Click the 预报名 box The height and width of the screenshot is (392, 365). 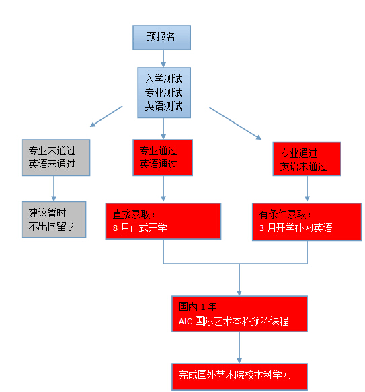[x=161, y=38]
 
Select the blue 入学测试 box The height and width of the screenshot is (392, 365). [x=164, y=93]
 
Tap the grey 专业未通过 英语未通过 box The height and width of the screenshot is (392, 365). [x=56, y=158]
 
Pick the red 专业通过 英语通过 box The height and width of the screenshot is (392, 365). [x=163, y=158]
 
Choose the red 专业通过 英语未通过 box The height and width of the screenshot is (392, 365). [x=307, y=159]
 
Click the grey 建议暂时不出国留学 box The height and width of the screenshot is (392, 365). [x=54, y=219]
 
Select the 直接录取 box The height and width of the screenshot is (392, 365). [x=163, y=222]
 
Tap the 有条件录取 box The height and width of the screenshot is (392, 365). [x=307, y=222]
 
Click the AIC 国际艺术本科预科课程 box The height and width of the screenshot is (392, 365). [x=239, y=313]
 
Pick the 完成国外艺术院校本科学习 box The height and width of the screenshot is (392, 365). [x=239, y=377]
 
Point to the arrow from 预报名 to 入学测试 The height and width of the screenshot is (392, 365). [x=163, y=59]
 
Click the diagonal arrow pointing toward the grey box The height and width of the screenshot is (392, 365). [x=106, y=116]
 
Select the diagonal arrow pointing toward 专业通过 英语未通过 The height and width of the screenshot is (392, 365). [x=235, y=124]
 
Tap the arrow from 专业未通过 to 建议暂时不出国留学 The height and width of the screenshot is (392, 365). [x=54, y=189]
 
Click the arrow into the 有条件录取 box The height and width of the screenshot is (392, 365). [x=307, y=189]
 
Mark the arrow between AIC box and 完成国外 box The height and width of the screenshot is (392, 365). [x=239, y=348]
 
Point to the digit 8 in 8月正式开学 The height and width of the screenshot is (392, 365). [x=115, y=228]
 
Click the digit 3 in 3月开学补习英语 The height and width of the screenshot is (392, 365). [x=261, y=228]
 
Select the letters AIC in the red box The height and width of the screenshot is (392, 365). [x=186, y=322]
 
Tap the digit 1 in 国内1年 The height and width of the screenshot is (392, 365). [x=203, y=307]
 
